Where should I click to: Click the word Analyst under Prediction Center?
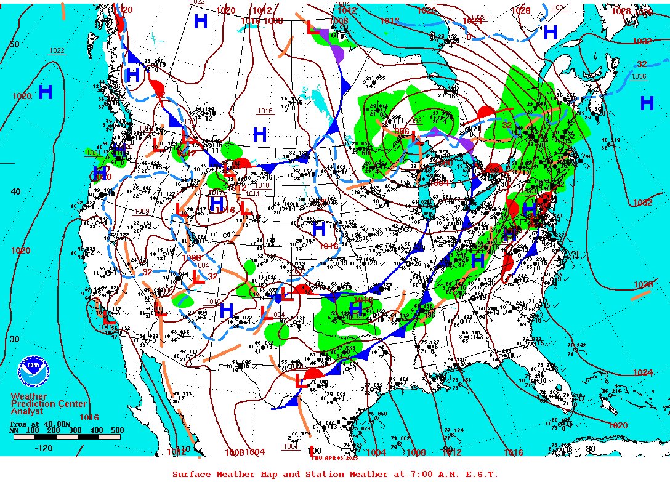point(27,411)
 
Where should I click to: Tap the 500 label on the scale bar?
point(117,430)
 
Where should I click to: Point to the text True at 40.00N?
point(36,424)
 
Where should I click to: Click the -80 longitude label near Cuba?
point(590,449)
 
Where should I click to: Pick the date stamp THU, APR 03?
point(334,457)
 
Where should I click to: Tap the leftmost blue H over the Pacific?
point(45,92)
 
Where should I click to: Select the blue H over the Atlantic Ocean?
point(646,103)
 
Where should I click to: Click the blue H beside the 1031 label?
point(550,32)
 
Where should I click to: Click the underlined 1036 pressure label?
point(639,76)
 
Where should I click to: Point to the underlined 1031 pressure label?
point(559,7)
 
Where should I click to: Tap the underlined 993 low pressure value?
point(415,121)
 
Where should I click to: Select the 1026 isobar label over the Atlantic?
point(642,285)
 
